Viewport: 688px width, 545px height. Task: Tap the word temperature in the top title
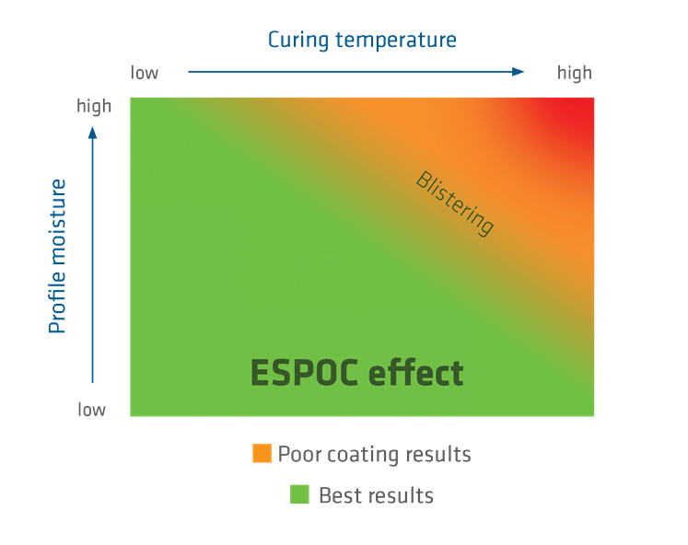[x=398, y=41]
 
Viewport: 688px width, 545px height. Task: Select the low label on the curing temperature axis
[x=145, y=72]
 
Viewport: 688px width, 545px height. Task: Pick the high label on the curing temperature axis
[x=574, y=72]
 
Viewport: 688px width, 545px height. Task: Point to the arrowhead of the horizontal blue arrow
[x=519, y=71]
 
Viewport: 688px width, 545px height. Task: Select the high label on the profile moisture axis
[x=93, y=107]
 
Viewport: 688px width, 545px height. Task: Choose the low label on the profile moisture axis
[x=92, y=409]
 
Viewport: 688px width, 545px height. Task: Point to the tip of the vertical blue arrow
[x=92, y=129]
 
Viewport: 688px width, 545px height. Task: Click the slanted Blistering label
[x=455, y=203]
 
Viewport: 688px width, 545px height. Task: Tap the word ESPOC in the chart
[x=304, y=374]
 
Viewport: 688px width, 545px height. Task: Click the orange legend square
[x=262, y=453]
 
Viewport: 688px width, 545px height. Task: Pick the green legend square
[x=299, y=494]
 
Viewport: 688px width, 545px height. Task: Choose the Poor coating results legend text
[x=375, y=454]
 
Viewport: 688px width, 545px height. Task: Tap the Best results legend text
[x=376, y=495]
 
